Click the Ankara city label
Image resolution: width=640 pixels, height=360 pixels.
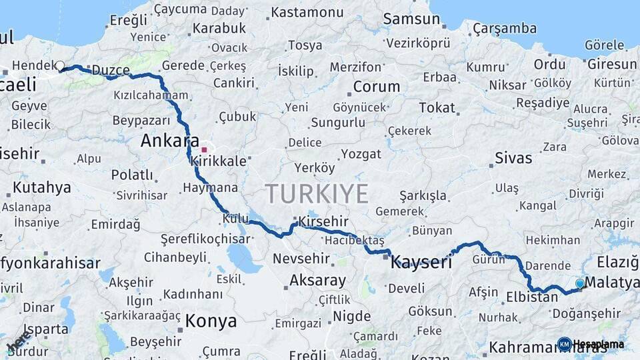(x=169, y=141)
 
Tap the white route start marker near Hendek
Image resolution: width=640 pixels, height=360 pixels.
(x=60, y=66)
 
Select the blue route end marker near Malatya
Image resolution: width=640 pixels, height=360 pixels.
(x=579, y=284)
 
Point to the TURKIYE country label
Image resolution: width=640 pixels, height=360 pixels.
(x=317, y=194)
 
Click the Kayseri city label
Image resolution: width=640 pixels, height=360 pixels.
(x=421, y=262)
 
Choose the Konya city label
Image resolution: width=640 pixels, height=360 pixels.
(x=211, y=321)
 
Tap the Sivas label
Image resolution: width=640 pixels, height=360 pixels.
(x=513, y=158)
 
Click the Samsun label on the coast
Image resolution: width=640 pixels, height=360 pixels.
(x=411, y=19)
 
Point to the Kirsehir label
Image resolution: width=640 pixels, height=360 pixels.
(x=324, y=221)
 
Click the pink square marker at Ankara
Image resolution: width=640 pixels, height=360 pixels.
(x=204, y=149)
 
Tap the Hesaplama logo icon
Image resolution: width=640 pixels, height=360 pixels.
(x=564, y=344)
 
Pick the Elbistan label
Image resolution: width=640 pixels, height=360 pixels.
(x=532, y=297)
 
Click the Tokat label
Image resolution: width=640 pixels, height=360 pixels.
(x=437, y=107)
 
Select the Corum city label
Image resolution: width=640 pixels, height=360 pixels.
(x=377, y=87)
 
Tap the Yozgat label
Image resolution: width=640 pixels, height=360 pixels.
(x=361, y=154)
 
